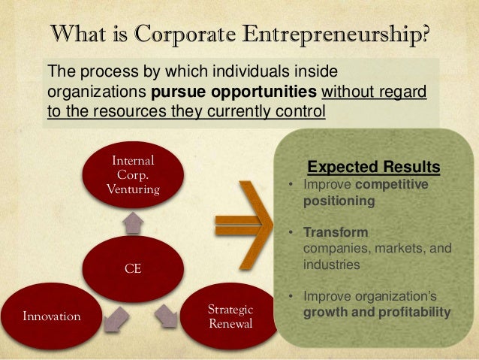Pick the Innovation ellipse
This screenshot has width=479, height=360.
[51, 316]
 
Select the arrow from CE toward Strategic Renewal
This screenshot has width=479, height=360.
[167, 315]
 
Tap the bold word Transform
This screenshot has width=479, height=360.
[331, 234]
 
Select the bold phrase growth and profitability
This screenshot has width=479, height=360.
[376, 312]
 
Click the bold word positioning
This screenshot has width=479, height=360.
[337, 201]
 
